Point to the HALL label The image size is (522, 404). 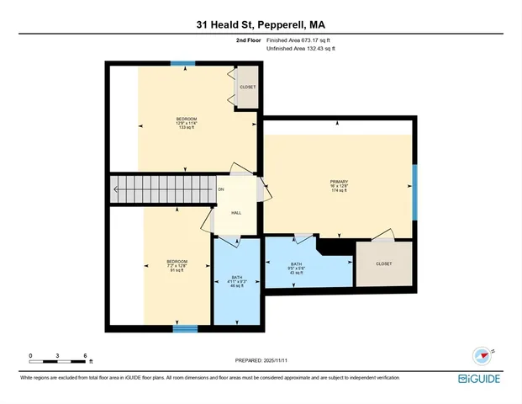pyautogui.click(x=236, y=212)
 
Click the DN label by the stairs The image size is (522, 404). pyautogui.click(x=221, y=189)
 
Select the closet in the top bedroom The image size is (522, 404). pyautogui.click(x=247, y=87)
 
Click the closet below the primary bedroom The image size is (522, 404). pyautogui.click(x=383, y=263)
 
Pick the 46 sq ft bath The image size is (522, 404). pyautogui.click(x=236, y=282)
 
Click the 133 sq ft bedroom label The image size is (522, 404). pyautogui.click(x=186, y=123)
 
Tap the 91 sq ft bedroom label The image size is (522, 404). pyautogui.click(x=177, y=266)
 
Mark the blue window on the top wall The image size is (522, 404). pyautogui.click(x=182, y=63)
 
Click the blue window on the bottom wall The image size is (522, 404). pyautogui.click(x=185, y=329)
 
